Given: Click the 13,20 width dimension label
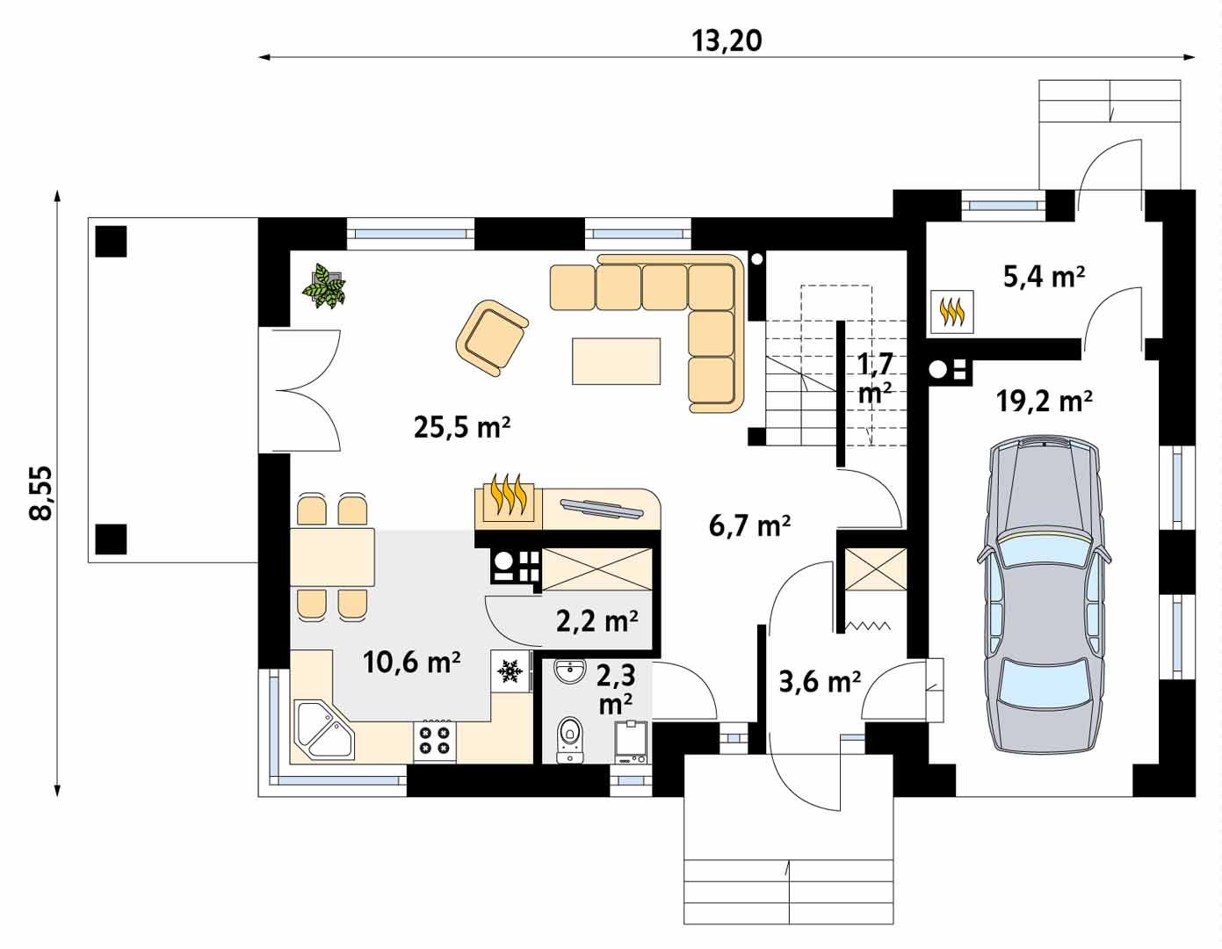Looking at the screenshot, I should [728, 40].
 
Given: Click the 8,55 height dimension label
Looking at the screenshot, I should [40, 493].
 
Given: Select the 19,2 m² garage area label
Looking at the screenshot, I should [1044, 402].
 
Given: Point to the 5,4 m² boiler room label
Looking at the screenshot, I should [1044, 277].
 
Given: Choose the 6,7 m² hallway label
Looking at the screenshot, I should [749, 525].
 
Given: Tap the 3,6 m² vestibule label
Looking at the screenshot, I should [819, 681].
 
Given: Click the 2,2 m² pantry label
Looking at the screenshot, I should [597, 621].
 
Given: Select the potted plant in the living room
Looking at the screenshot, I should [325, 286].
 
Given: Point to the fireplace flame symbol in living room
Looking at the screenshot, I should [509, 496].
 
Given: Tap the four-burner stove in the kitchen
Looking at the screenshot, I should [435, 739].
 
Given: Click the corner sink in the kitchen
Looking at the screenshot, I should [322, 730].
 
